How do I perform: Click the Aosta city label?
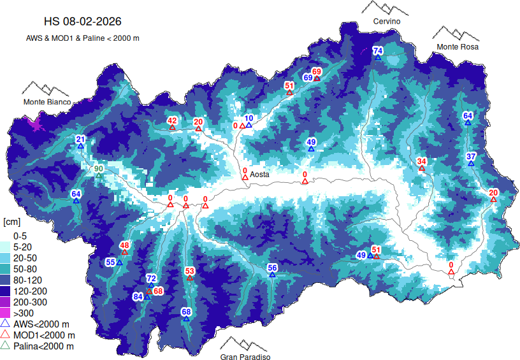click(x=260, y=175)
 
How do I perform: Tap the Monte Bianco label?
click(x=47, y=102)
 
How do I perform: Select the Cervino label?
click(x=387, y=22)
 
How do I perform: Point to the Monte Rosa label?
click(x=458, y=47)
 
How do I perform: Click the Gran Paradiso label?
click(x=245, y=357)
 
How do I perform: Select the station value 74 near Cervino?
click(x=377, y=51)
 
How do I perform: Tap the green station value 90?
click(x=98, y=168)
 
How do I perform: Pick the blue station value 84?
click(x=138, y=297)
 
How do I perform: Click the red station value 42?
click(x=172, y=121)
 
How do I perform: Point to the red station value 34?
click(x=421, y=161)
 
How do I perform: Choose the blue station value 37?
click(x=471, y=157)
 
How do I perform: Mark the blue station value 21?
click(x=80, y=140)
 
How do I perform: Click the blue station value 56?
click(x=272, y=268)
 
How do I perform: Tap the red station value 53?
click(x=189, y=271)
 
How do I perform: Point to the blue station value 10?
click(x=249, y=118)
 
